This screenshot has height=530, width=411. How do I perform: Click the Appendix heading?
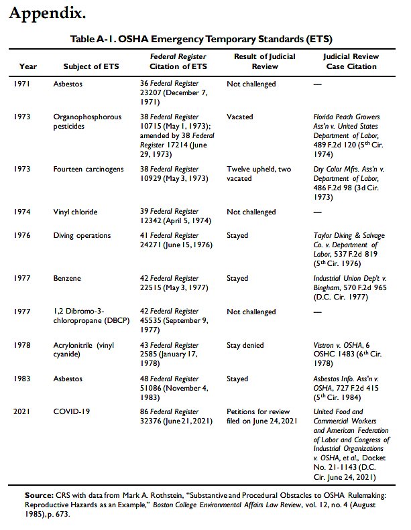click(x=48, y=13)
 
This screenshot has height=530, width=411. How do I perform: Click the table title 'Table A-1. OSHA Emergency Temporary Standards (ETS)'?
click(x=201, y=39)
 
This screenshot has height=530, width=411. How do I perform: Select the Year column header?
click(x=28, y=66)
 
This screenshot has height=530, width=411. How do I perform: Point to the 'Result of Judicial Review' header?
click(x=255, y=62)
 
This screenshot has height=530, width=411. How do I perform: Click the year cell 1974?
click(x=23, y=212)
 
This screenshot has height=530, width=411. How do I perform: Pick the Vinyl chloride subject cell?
click(x=76, y=212)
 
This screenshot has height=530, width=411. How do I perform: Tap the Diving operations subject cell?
click(x=82, y=236)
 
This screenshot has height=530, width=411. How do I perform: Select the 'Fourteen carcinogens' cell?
click(x=89, y=170)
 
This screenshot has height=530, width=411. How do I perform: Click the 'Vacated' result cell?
click(x=240, y=117)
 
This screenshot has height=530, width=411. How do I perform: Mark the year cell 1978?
click(x=23, y=344)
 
